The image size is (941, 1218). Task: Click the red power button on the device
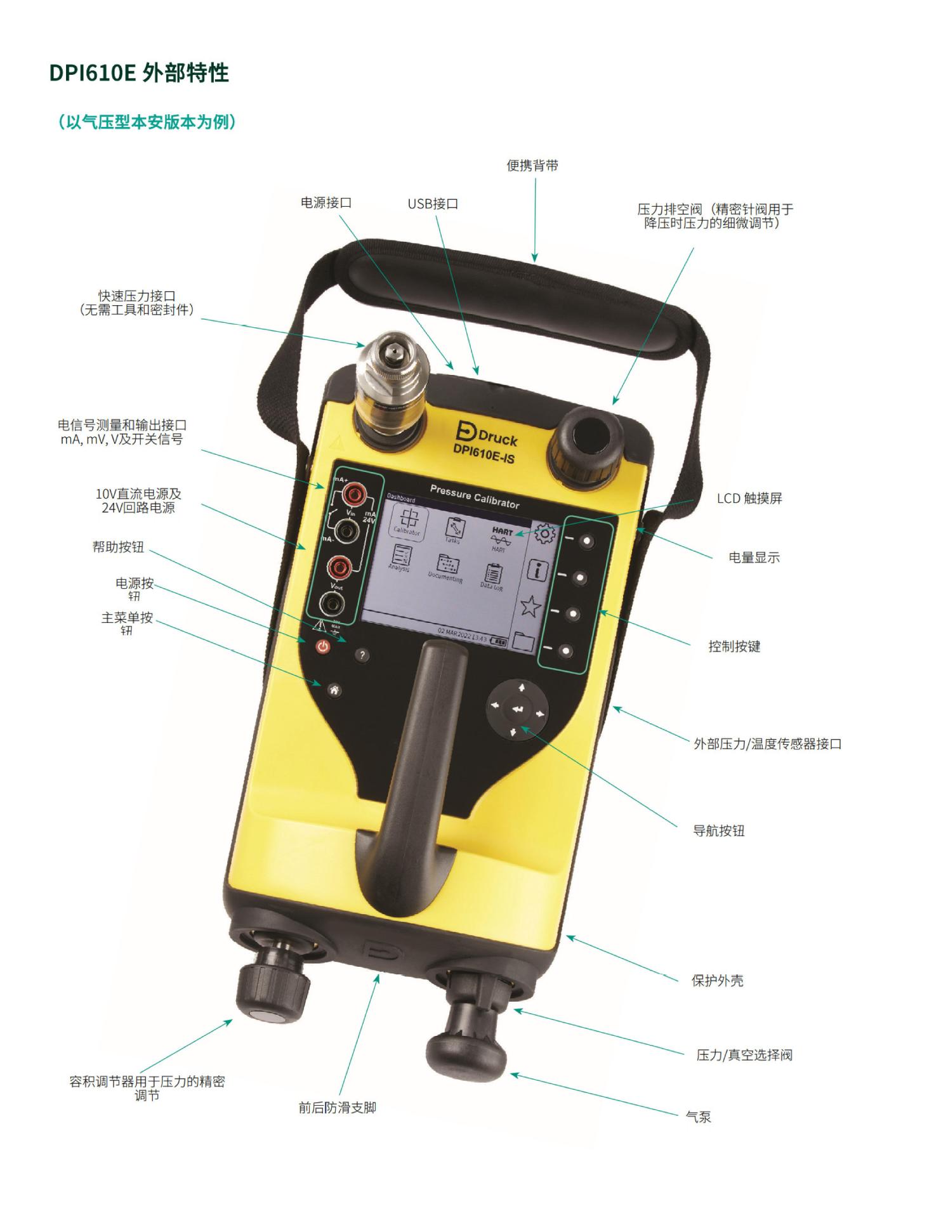(324, 647)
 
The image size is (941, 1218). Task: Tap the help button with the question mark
(362, 655)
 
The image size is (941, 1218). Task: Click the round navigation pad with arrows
(518, 709)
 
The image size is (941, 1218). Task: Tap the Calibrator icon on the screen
(407, 521)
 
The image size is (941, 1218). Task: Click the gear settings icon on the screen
(544, 534)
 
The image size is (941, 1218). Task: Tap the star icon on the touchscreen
(530, 606)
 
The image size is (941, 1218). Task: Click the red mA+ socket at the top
(351, 494)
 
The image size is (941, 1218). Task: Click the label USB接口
(433, 204)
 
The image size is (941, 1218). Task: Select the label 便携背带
(532, 166)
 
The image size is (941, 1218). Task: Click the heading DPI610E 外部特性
(139, 74)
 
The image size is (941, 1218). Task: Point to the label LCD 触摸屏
(749, 499)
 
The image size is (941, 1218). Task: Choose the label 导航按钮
(718, 831)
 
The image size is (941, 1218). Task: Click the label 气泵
(698, 1117)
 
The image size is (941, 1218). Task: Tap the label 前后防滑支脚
(337, 1108)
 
